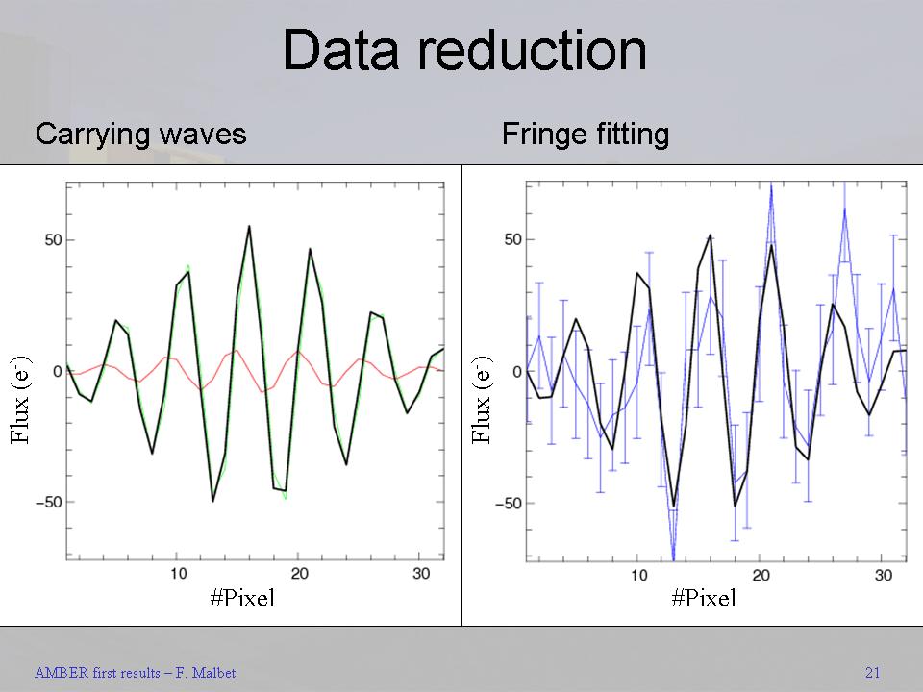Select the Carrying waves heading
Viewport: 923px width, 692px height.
(x=140, y=134)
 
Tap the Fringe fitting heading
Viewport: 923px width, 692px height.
(x=585, y=134)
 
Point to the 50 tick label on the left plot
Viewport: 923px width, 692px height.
(x=48, y=239)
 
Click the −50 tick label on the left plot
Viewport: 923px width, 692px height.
(x=44, y=502)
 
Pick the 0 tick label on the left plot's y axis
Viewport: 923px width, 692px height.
(x=58, y=371)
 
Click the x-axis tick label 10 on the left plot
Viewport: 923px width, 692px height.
(x=178, y=574)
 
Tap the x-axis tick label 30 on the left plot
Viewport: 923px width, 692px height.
(x=419, y=574)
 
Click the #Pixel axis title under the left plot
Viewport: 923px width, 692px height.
(x=242, y=599)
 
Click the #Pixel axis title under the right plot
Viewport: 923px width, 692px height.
(x=704, y=599)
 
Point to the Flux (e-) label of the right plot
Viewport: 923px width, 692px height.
(x=483, y=399)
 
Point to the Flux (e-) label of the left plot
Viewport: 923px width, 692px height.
(x=21, y=399)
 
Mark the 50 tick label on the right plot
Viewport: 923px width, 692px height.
(x=510, y=239)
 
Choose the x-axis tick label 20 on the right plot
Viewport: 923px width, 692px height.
(x=761, y=575)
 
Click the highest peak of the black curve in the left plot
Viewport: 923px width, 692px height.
(x=249, y=227)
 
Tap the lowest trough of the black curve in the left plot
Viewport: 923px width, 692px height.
(x=212, y=500)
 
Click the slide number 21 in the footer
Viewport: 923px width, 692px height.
(x=872, y=673)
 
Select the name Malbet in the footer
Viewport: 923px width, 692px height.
(x=212, y=673)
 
